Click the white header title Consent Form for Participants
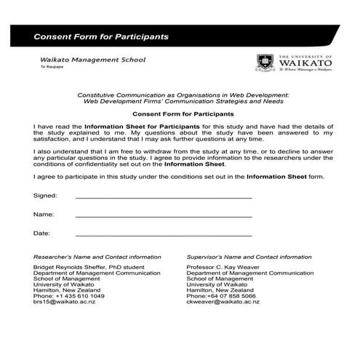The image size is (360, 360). coord(101,36)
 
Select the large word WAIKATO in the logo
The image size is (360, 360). coord(305,63)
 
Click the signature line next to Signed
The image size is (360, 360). coord(164,196)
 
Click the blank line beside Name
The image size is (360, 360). coord(164,216)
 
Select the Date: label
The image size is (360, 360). coord(42,233)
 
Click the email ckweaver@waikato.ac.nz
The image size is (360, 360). coord(223,302)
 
